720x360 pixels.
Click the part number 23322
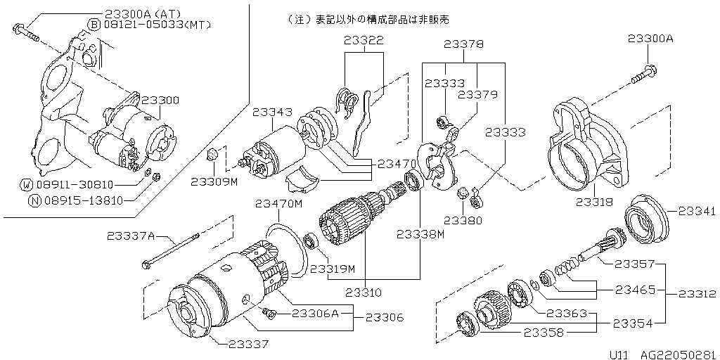tap(364, 41)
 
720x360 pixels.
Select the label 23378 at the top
tap(463, 44)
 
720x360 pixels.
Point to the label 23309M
tap(214, 181)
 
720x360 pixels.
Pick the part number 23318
tap(595, 202)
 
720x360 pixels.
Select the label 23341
tap(697, 211)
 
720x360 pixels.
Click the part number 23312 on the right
tap(697, 293)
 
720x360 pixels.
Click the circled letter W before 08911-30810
tap(27, 185)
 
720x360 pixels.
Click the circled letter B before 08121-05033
tap(94, 25)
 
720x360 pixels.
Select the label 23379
tap(477, 94)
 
